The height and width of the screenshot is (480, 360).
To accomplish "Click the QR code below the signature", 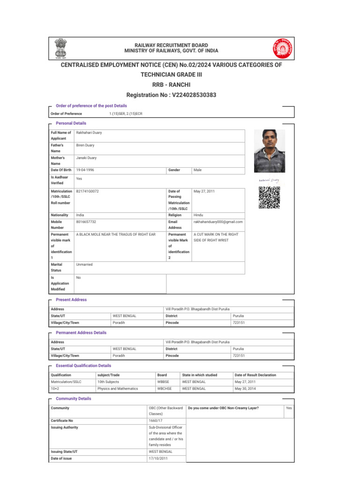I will (x=269, y=197).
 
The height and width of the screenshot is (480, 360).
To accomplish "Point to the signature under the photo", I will (x=269, y=180).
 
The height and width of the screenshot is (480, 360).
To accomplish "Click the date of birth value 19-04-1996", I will (x=85, y=169).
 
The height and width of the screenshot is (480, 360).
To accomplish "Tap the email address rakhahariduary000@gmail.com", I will (x=218, y=222).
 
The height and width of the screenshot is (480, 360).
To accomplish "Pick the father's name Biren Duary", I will (x=85, y=146).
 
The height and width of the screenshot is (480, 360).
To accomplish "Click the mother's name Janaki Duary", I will (x=86, y=158).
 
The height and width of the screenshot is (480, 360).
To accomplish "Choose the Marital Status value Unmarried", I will (x=84, y=265).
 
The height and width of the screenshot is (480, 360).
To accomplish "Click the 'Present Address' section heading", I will (x=71, y=300).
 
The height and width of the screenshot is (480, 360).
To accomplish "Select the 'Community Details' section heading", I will (x=74, y=399).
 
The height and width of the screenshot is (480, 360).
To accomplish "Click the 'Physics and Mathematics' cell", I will (x=118, y=389).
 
